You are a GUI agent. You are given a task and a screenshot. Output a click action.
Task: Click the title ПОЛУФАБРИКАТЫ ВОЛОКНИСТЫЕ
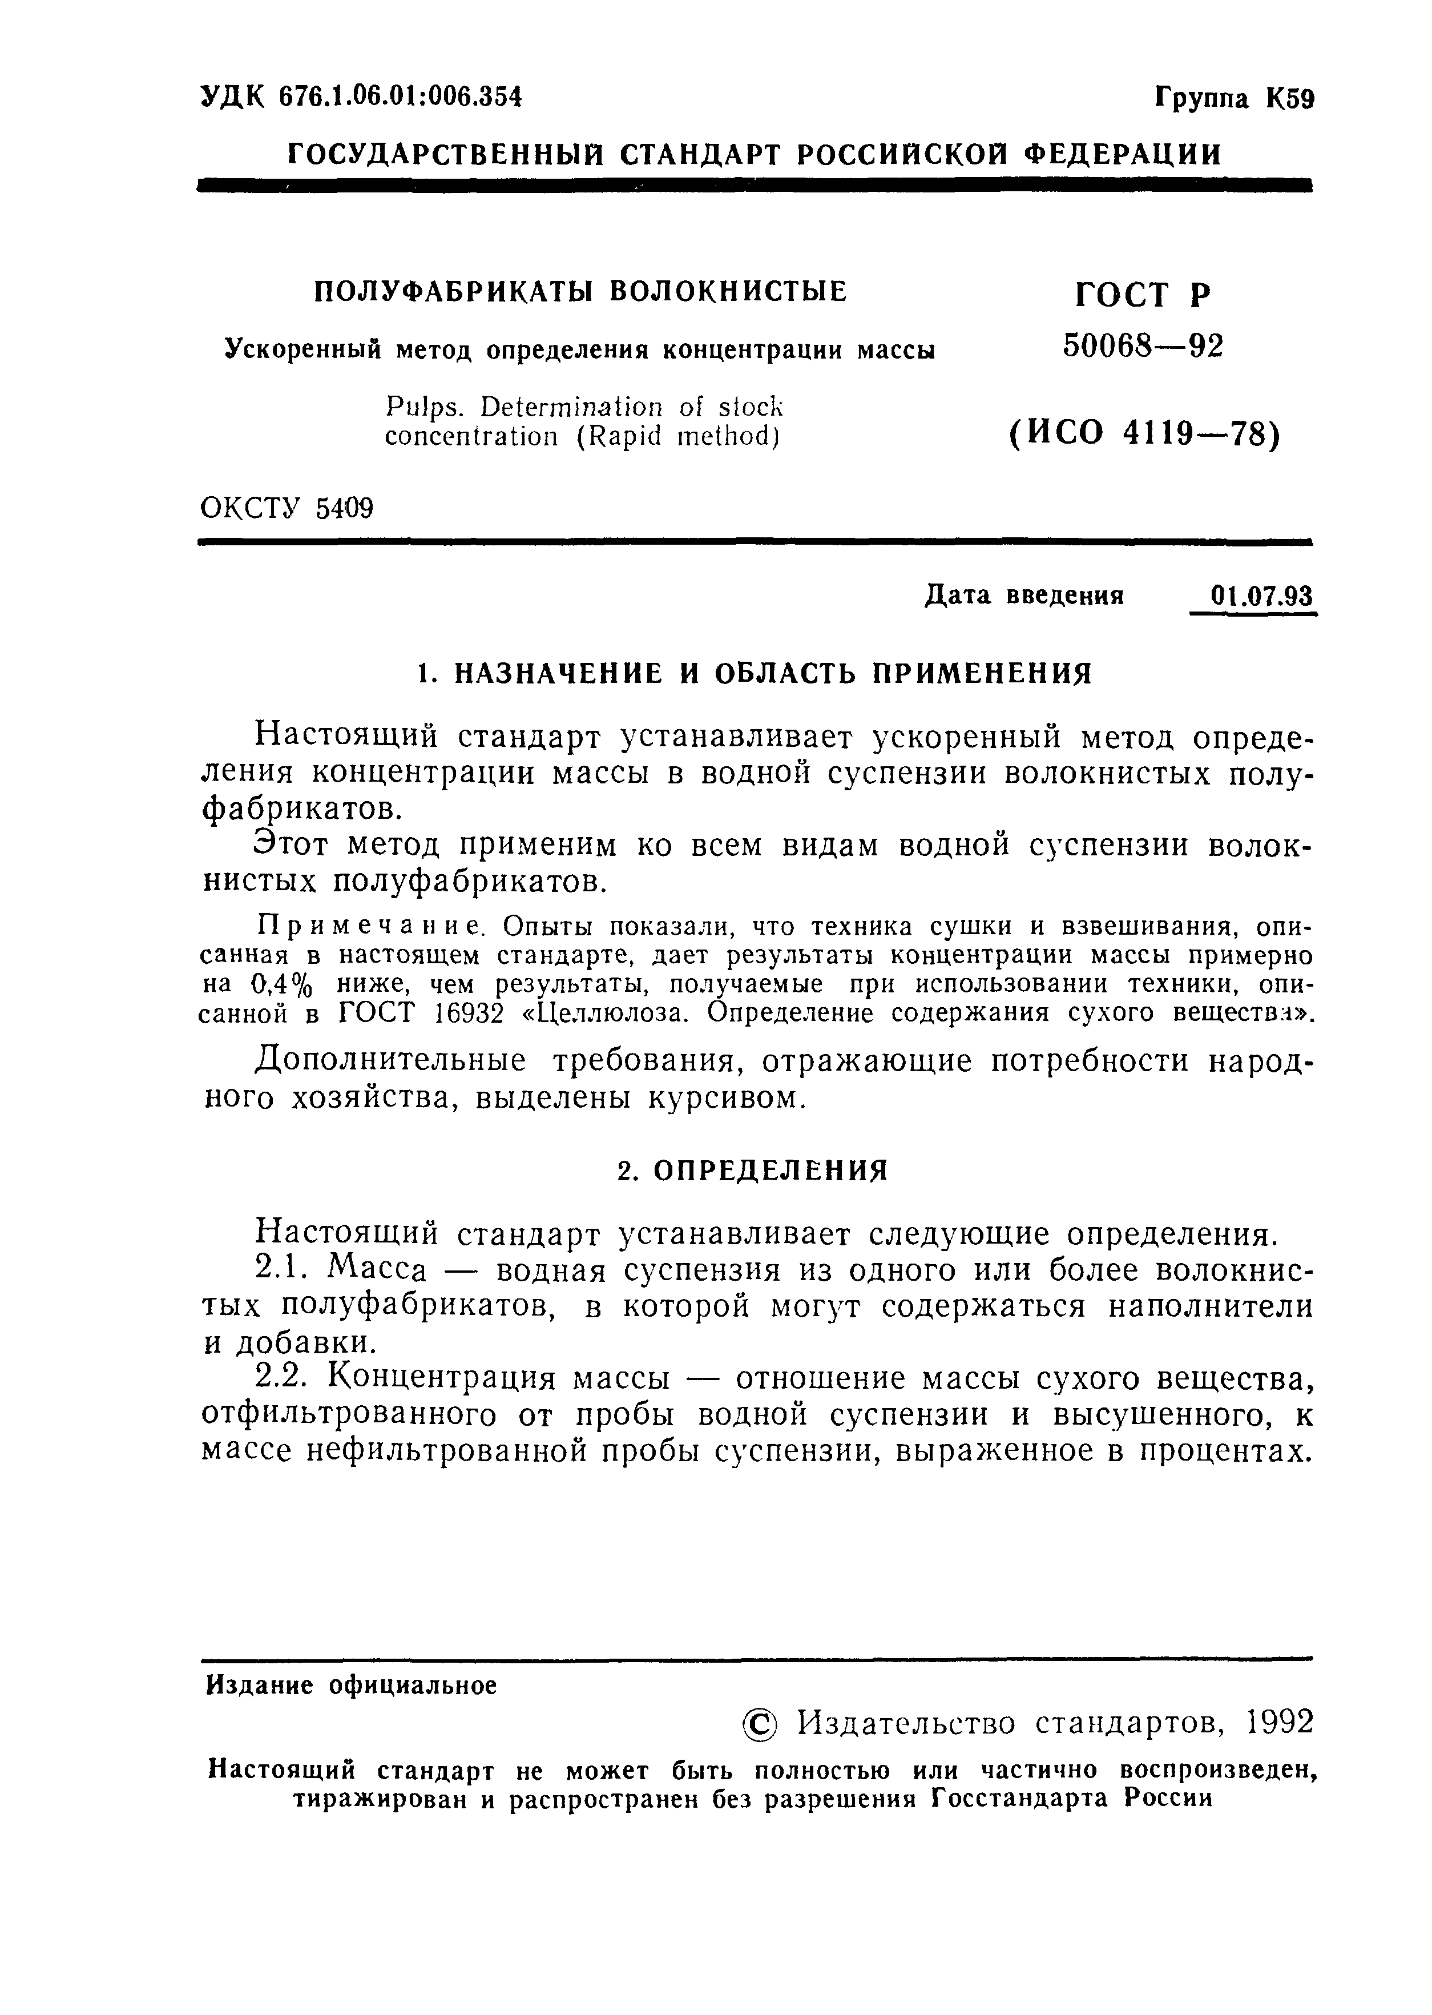tap(580, 291)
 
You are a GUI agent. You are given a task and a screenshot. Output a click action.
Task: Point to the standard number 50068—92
tap(1143, 347)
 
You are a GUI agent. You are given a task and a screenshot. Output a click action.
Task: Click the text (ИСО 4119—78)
tap(1143, 434)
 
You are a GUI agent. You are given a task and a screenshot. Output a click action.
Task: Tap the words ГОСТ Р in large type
tap(1143, 294)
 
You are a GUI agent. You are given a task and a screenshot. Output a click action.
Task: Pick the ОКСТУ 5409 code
tap(287, 508)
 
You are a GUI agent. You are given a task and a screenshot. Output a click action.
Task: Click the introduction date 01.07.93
tap(1261, 596)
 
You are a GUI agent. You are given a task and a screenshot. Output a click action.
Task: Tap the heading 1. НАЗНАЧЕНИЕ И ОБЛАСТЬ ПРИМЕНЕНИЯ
tap(754, 674)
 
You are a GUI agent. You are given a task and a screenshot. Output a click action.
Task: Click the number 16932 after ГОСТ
tap(469, 1013)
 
